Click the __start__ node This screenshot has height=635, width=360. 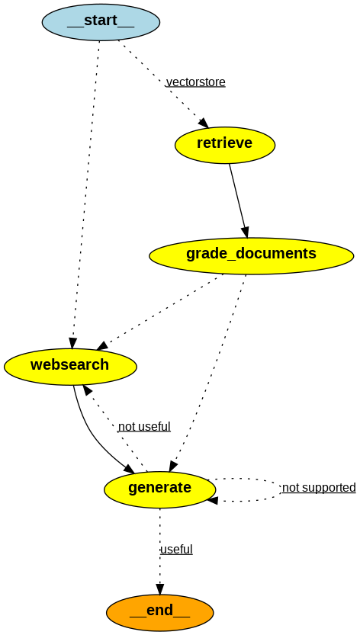[x=101, y=22]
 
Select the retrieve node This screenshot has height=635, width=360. [x=224, y=144]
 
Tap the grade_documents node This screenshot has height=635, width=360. [x=251, y=255]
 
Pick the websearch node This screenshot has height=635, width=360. [x=70, y=366]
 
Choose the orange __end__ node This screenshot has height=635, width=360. [x=159, y=612]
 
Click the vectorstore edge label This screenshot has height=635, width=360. [x=195, y=82]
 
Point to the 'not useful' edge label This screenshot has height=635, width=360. [x=144, y=427]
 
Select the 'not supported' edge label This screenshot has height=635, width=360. [x=319, y=488]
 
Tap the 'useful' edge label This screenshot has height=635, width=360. [x=176, y=550]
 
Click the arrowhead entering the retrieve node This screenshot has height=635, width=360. [x=203, y=123]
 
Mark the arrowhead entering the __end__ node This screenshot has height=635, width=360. [x=159, y=588]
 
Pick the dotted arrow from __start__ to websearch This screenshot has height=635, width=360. [x=85, y=191]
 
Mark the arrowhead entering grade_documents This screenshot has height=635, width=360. [x=245, y=232]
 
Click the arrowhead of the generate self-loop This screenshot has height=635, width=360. [x=212, y=500]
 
